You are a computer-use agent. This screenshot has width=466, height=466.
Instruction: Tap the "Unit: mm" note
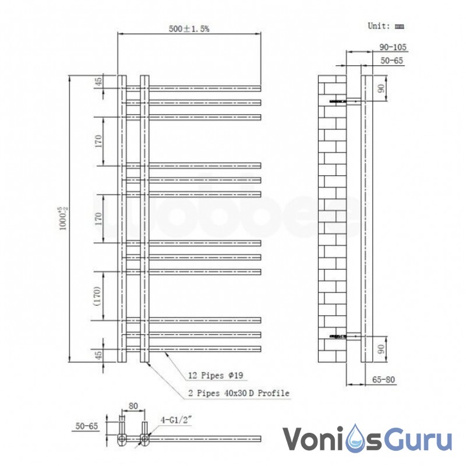(x=385, y=26)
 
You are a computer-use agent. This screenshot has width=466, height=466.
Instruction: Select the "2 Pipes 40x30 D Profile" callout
(x=239, y=393)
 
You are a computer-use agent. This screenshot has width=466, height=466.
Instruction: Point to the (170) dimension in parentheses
(x=98, y=295)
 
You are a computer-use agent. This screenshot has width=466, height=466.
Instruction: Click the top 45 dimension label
(x=98, y=82)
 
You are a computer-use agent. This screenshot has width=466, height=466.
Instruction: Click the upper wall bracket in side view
(x=344, y=101)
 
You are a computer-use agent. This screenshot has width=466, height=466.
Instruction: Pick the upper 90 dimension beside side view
(x=381, y=89)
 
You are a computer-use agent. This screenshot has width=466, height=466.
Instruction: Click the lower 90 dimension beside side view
(x=381, y=349)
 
